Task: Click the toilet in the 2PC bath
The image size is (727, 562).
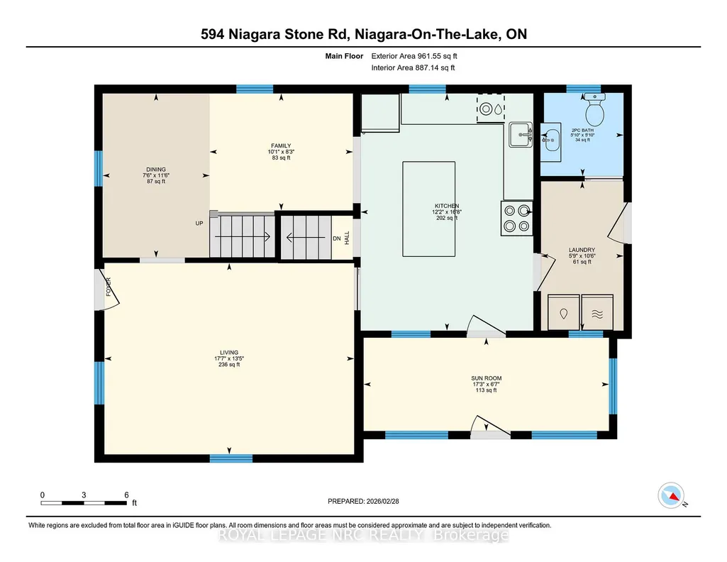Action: [x=594, y=109]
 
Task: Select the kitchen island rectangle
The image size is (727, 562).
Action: [x=428, y=209]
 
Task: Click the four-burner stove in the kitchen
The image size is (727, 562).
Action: [x=516, y=219]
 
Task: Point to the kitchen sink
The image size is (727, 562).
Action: [x=521, y=135]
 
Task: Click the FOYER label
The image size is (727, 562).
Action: [x=109, y=287]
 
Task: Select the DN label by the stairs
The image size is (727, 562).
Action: [x=337, y=238]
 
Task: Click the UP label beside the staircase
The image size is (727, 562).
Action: [x=199, y=223]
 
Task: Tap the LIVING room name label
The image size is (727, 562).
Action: [x=229, y=353]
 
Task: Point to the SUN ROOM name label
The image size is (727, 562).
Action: [x=487, y=378]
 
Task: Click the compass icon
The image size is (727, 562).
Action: [x=671, y=495]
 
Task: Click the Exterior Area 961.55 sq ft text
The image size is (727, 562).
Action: [x=414, y=56]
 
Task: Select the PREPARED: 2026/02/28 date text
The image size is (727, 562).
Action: [x=363, y=501]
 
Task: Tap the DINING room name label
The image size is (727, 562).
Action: [x=156, y=170]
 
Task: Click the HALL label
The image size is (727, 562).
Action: [x=347, y=238]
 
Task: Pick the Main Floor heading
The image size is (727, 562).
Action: [x=344, y=56]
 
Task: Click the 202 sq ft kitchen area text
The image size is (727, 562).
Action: [x=447, y=218]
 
